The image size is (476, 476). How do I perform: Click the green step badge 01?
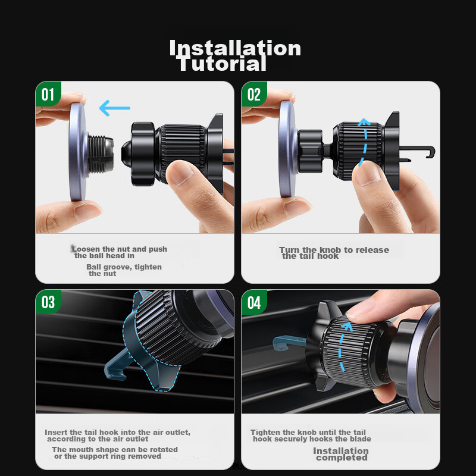coord(48,94)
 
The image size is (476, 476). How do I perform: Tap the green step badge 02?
coord(254,94)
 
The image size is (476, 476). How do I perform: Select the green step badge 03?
coord(48,302)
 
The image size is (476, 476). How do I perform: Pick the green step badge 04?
coord(254,302)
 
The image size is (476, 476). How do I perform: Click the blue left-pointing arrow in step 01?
coord(115,108)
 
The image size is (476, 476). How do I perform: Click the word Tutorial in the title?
coord(223,64)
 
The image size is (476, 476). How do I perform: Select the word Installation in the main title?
coord(235,48)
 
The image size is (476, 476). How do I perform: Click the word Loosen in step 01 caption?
coord(86,249)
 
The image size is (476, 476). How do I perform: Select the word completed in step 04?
coord(342,458)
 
